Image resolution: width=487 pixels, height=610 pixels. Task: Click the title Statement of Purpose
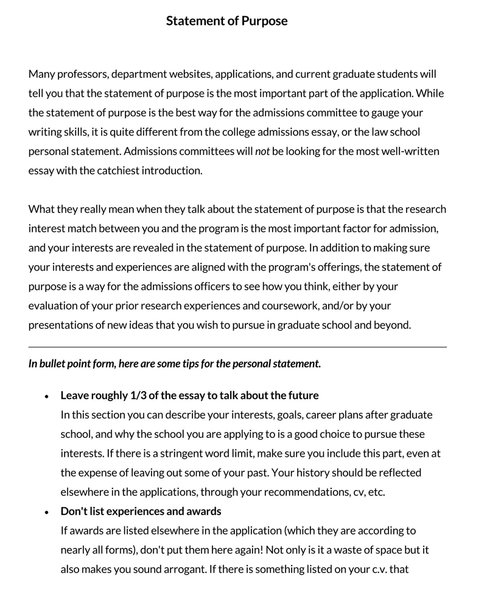click(226, 21)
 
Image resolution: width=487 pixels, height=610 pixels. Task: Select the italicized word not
click(262, 151)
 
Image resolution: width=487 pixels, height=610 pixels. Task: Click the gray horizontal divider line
click(237, 347)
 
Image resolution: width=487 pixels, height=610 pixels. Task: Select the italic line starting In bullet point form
click(174, 364)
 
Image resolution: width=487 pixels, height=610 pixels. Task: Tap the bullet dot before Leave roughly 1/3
click(47, 397)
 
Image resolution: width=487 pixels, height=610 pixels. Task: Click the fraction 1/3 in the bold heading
click(138, 396)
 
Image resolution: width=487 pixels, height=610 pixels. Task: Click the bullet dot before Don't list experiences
click(47, 512)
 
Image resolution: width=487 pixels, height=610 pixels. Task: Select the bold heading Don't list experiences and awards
click(141, 511)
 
